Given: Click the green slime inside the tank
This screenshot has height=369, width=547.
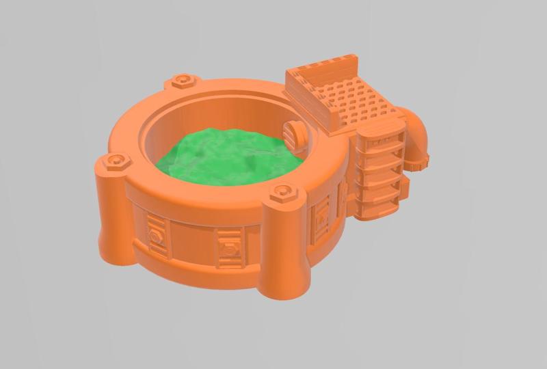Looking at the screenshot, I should click(x=226, y=154).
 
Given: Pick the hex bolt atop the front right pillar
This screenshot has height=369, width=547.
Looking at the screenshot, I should click(x=284, y=193).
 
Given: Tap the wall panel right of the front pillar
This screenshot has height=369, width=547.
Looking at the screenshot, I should click(x=320, y=222).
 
